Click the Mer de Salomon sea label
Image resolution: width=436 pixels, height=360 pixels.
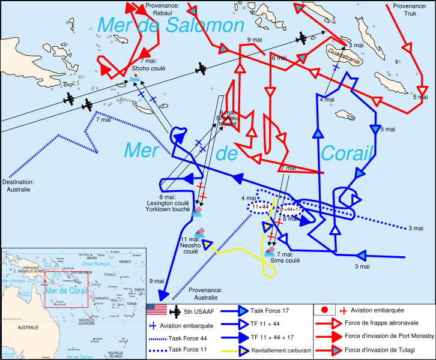pyautogui.click(x=171, y=25)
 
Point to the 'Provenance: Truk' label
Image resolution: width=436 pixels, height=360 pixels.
pyautogui.click(x=411, y=10)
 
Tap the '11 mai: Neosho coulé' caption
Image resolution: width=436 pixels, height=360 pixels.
pyautogui.click(x=190, y=245)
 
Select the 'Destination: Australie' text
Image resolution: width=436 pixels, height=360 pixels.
pyautogui.click(x=18, y=185)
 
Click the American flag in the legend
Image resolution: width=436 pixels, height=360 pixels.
pyautogui.click(x=155, y=310)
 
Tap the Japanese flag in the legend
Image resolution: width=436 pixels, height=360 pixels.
pyautogui.click(x=324, y=310)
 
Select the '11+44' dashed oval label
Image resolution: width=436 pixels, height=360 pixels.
pyautogui.click(x=261, y=207)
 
